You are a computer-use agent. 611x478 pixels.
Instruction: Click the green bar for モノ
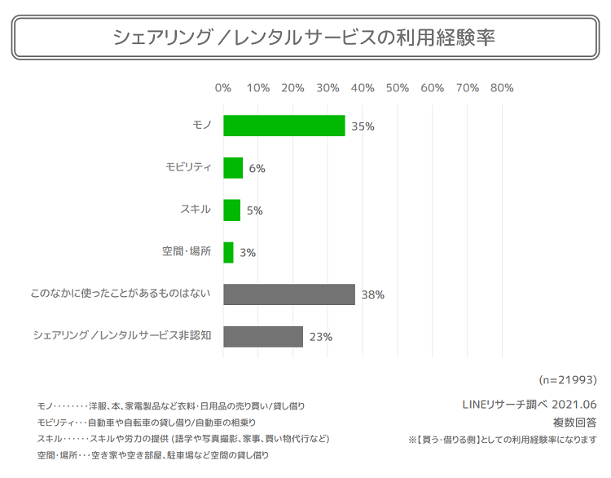pos(284,126)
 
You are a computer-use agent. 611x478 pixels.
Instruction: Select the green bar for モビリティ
pos(233,168)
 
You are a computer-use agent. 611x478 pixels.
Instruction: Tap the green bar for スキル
pos(231,210)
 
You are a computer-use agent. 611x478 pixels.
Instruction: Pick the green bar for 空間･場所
pos(228,252)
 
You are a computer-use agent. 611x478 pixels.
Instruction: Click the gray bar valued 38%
pos(289,294)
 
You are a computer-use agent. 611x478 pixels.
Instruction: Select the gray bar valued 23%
pos(263,337)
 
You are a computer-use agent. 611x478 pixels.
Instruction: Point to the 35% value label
pos(363,126)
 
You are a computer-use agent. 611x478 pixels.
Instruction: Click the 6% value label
pos(257,169)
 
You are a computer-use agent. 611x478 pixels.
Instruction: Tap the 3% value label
pos(248,253)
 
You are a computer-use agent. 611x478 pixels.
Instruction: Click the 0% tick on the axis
pos(222,88)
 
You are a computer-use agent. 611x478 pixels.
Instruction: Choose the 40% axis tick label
pos(363,88)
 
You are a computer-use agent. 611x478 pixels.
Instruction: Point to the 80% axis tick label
pos(502,88)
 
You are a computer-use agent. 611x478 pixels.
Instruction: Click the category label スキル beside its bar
pos(196,210)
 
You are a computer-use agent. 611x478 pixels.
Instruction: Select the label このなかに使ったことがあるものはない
pos(121,294)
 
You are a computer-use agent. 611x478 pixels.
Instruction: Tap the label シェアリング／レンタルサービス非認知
pos(122,336)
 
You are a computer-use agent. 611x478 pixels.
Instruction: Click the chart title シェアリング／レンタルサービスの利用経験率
pos(304,38)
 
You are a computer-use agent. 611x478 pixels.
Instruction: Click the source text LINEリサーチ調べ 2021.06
pos(529,405)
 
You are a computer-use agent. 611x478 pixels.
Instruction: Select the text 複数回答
pos(574,423)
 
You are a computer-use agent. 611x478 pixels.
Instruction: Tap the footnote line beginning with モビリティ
pos(146,423)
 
